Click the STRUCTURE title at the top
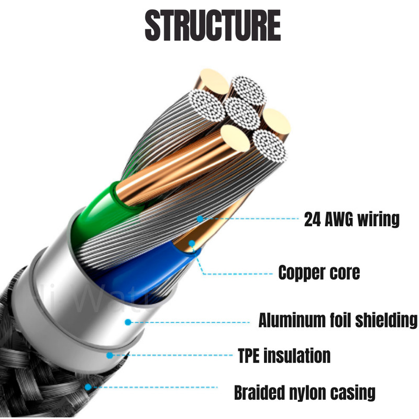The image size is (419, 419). tap(213, 25)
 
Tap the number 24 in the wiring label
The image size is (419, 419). tap(312, 219)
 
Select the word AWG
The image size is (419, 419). tap(339, 219)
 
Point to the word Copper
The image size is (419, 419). tap(302, 273)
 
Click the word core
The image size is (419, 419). tap(345, 273)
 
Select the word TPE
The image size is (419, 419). tap(249, 356)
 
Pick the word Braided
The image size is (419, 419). tap(259, 392)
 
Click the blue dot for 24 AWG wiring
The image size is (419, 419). tap(200, 219)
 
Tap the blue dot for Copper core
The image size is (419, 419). tap(192, 244)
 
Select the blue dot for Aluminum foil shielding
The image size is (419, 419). tap(128, 322)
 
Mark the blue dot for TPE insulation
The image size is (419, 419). tap(109, 356)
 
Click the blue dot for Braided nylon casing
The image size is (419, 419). tap(88, 387)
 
